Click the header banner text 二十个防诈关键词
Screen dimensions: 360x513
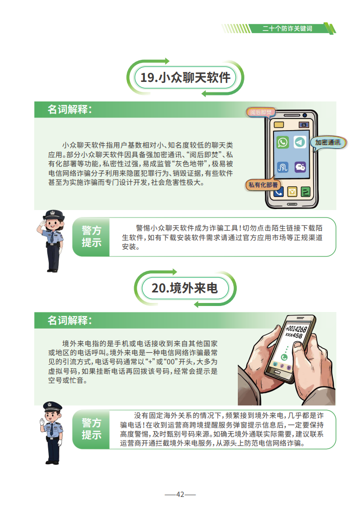tap(287, 29)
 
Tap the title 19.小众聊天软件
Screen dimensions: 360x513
tap(185, 77)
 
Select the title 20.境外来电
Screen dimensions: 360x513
tap(185, 288)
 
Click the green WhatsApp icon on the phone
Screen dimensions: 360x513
tap(283, 142)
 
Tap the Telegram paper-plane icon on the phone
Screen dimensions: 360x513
tap(300, 142)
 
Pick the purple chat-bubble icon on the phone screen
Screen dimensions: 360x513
tap(300, 167)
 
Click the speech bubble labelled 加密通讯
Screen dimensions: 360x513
tap(328, 143)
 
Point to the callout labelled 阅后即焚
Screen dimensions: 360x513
tap(260, 112)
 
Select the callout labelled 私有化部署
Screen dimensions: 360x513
tap(263, 185)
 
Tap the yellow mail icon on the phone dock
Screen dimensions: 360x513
tap(292, 192)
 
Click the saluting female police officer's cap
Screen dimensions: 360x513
tap(53, 214)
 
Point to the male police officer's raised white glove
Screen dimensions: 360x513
tap(42, 422)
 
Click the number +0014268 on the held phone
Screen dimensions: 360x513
tap(296, 329)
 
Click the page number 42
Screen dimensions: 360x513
tap(180, 494)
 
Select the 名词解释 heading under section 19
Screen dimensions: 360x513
tap(70, 109)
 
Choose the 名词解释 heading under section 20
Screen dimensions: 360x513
tap(70, 320)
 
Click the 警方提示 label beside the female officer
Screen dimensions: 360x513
tap(92, 237)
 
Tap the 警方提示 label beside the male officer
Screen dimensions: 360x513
tap(92, 429)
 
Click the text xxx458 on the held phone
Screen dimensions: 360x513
tap(294, 336)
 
